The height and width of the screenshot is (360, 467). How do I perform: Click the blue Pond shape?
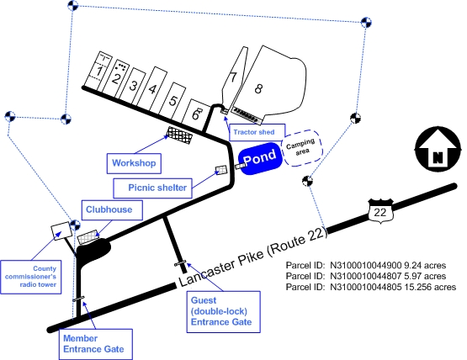tap(260, 158)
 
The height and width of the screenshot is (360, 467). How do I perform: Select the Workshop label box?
tap(134, 163)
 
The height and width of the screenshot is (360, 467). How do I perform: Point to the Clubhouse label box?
tap(112, 210)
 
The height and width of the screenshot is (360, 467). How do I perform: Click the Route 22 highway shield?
tap(380, 211)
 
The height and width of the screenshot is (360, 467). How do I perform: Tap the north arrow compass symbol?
tap(438, 149)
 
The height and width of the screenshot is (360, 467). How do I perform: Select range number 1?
tap(99, 71)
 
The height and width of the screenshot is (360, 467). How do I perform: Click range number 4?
tap(152, 89)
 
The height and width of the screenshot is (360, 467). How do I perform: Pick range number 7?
tap(232, 77)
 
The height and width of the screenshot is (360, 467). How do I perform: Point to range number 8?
tap(258, 88)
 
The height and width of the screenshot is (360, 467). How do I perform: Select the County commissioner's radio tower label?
tap(31, 277)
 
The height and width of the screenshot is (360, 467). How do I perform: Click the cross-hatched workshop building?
tap(179, 135)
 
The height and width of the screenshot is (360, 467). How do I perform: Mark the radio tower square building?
tap(61, 231)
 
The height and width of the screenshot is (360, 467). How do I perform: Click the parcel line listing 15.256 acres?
tap(371, 287)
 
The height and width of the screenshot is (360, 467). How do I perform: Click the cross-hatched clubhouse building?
tap(88, 237)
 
